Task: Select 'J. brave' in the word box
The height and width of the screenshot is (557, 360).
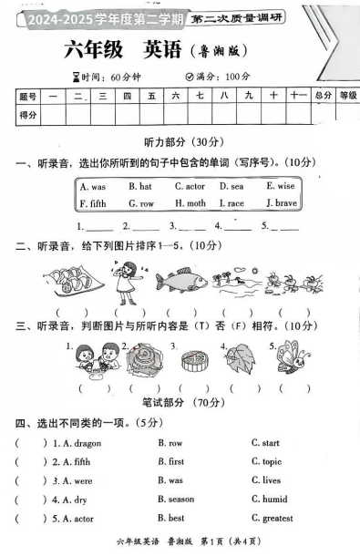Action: (x=280, y=202)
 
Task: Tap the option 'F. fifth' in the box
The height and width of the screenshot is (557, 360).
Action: (x=93, y=202)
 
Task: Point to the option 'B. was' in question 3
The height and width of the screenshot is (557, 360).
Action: (x=170, y=480)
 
